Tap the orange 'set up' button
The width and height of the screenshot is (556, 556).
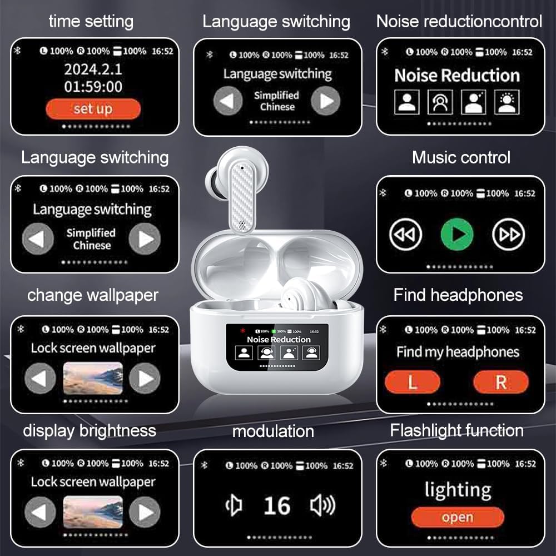point(93,108)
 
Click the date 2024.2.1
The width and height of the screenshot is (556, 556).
point(93,70)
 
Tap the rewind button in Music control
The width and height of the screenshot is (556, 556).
point(405,235)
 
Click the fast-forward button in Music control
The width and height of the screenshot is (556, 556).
point(508,235)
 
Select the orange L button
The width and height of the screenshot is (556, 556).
point(412,383)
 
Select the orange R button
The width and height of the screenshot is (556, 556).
point(500,383)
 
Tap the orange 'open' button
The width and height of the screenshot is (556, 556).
point(457,518)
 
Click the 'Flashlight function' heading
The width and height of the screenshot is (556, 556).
point(456,430)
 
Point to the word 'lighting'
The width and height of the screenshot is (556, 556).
point(458,490)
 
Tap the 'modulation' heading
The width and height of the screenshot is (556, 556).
point(273,431)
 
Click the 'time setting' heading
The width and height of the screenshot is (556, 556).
point(91,21)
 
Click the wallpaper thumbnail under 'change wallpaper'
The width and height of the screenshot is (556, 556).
point(93,378)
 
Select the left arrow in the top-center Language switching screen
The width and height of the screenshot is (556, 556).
point(228,101)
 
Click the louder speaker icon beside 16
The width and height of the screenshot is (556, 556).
point(322,505)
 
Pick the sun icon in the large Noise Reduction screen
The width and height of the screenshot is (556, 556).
point(507,102)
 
